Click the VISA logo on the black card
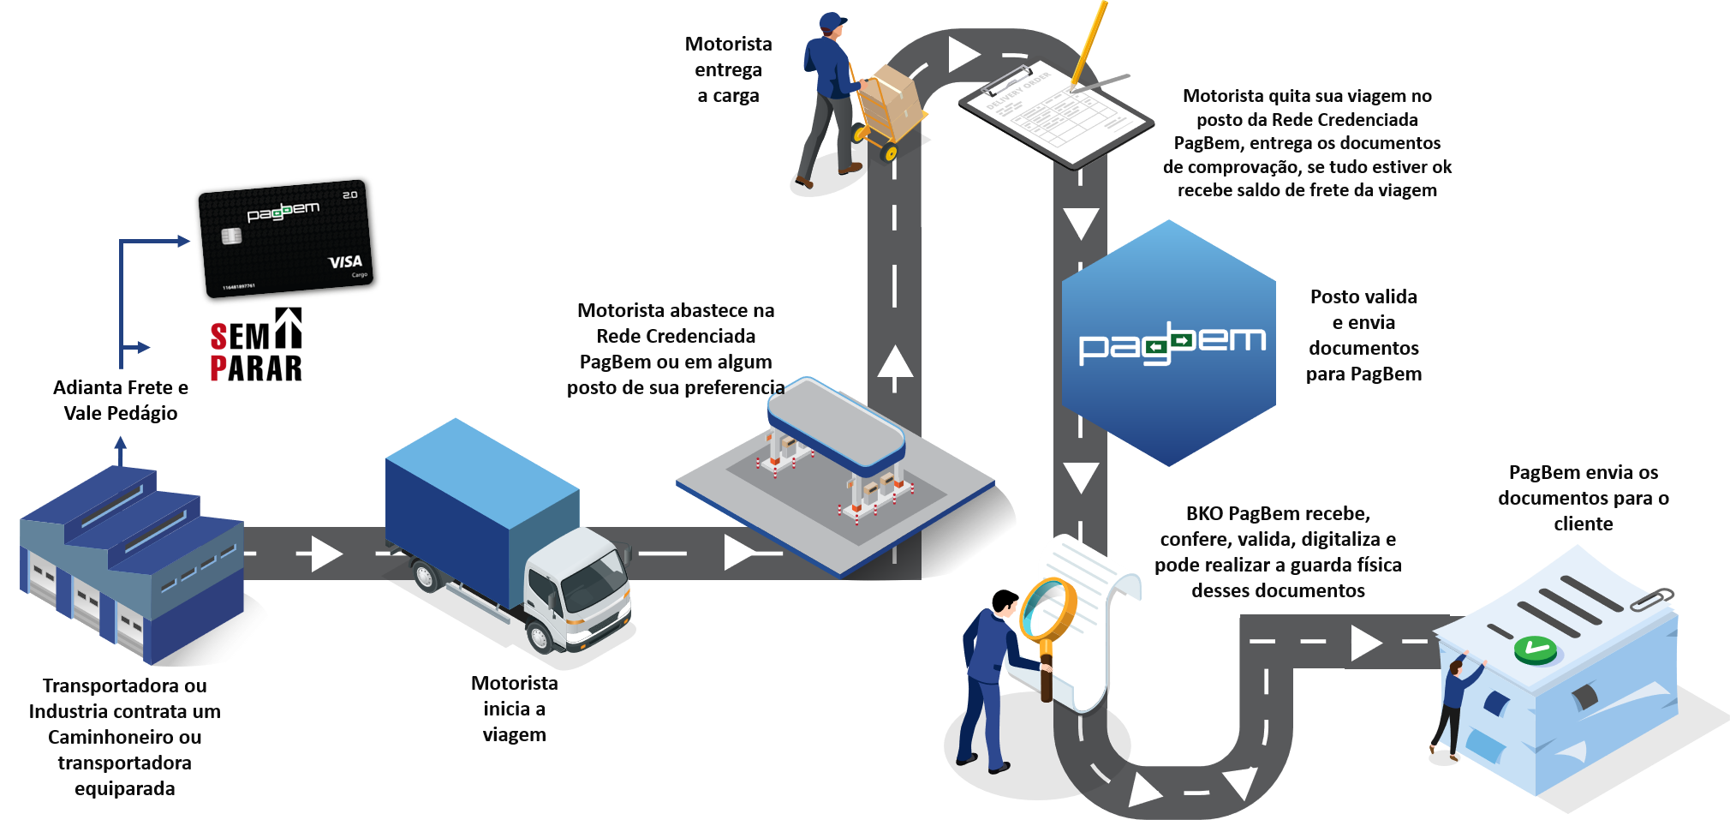point(346,261)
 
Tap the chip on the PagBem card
point(231,236)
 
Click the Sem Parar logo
point(256,344)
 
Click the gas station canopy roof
point(835,424)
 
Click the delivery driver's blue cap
point(832,21)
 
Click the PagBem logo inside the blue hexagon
point(1172,344)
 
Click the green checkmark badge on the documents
point(1535,649)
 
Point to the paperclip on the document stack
point(1651,599)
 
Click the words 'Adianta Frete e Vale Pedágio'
point(121,400)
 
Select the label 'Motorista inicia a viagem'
point(515,709)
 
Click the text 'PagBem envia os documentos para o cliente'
point(1584,498)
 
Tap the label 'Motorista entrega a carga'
point(729,69)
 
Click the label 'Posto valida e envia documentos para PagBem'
point(1364,335)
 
